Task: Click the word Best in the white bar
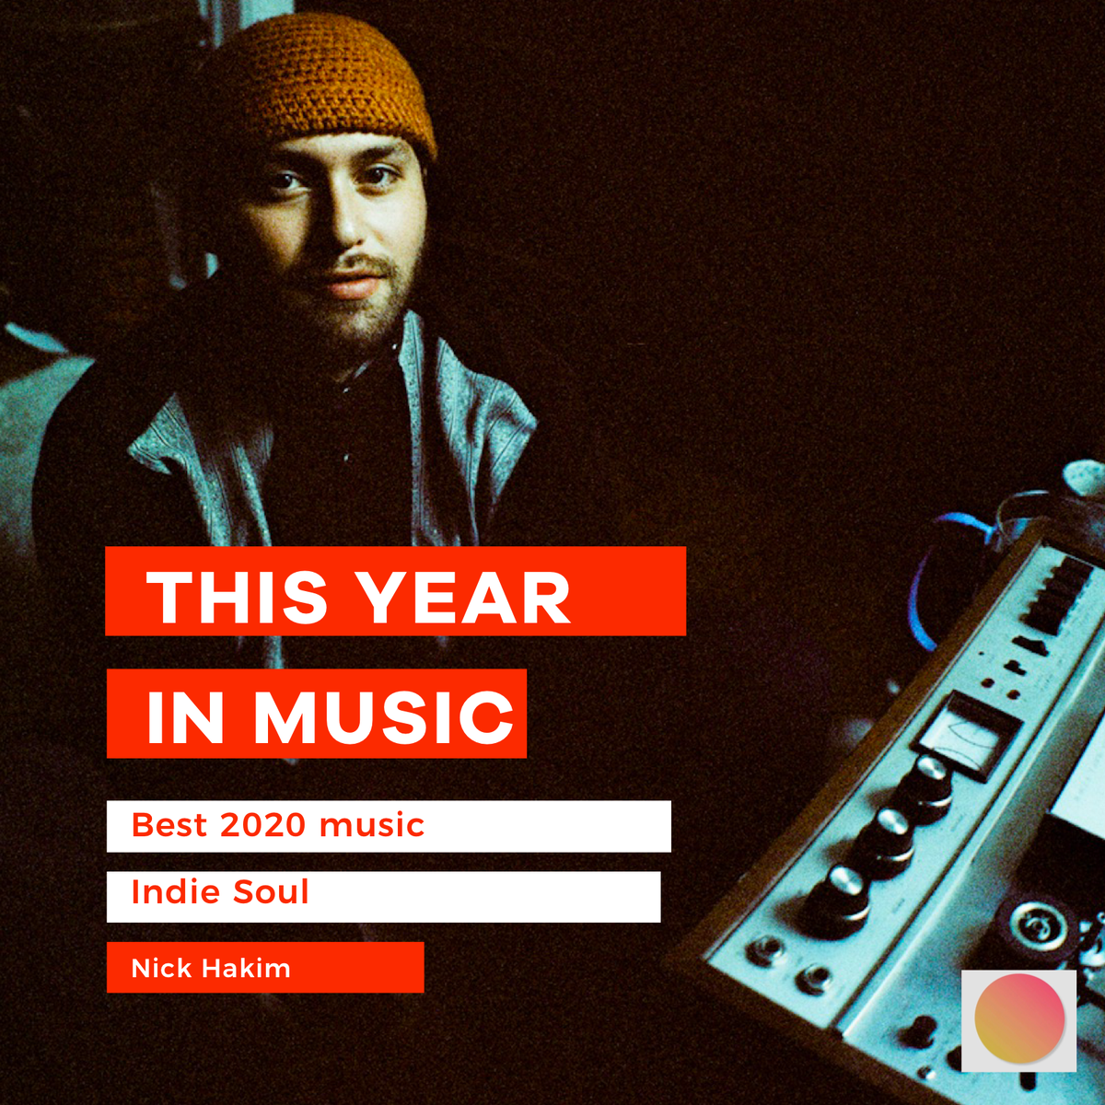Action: [169, 825]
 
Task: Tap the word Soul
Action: [271, 892]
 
